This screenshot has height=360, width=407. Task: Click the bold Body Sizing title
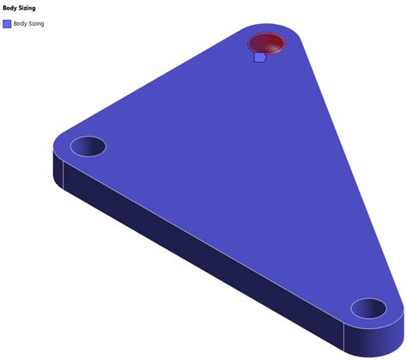click(x=19, y=8)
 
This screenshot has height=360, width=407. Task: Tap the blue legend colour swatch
click(x=7, y=24)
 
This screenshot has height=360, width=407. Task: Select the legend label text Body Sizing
click(x=28, y=24)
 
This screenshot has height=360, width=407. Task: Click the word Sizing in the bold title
click(x=27, y=9)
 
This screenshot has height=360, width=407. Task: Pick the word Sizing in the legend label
click(x=36, y=24)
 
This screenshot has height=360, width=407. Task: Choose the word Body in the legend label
click(x=20, y=23)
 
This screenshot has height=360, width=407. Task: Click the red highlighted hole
click(x=266, y=44)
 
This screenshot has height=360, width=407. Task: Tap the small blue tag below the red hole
click(x=260, y=58)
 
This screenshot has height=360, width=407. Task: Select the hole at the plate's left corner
click(x=88, y=146)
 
